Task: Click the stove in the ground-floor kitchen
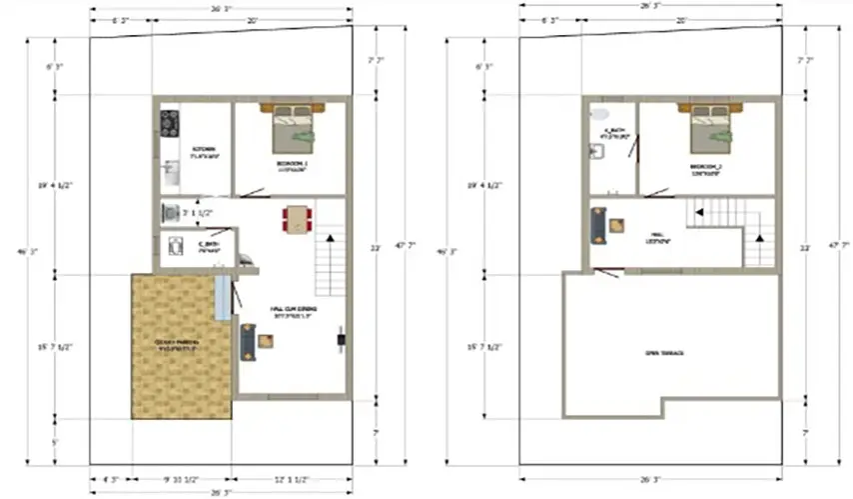(x=169, y=123)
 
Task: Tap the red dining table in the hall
(x=297, y=219)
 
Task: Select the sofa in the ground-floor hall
(x=247, y=342)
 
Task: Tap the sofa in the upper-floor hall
(x=597, y=225)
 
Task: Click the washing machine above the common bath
(x=170, y=212)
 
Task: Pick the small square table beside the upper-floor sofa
(x=617, y=225)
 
